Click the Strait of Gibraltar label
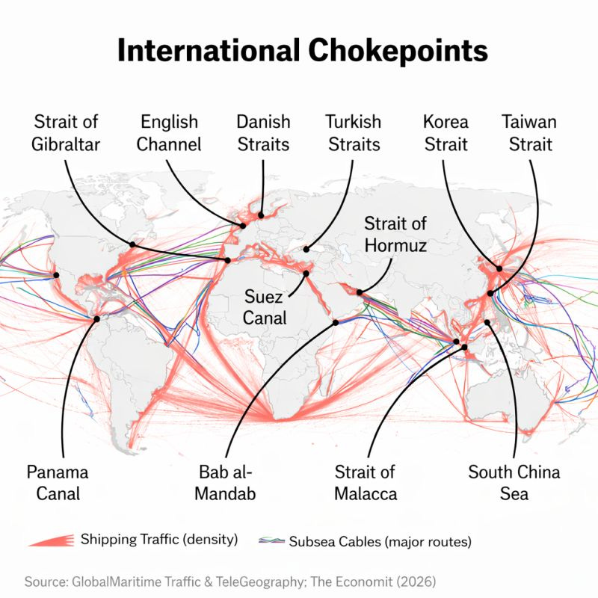click(x=66, y=132)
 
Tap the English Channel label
click(x=170, y=132)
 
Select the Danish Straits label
click(x=264, y=132)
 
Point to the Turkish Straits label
click(x=354, y=132)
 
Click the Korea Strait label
click(x=446, y=132)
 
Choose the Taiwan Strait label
click(x=529, y=132)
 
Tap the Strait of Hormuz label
click(x=395, y=233)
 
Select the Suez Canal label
click(x=265, y=306)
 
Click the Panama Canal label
click(x=58, y=482)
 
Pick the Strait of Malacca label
click(x=365, y=482)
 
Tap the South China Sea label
click(x=514, y=482)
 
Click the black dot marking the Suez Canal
click(x=306, y=274)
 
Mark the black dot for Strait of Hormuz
click(x=360, y=292)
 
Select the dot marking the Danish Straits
click(x=261, y=215)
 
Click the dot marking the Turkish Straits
click(x=305, y=250)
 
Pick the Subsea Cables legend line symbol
click(x=271, y=540)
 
